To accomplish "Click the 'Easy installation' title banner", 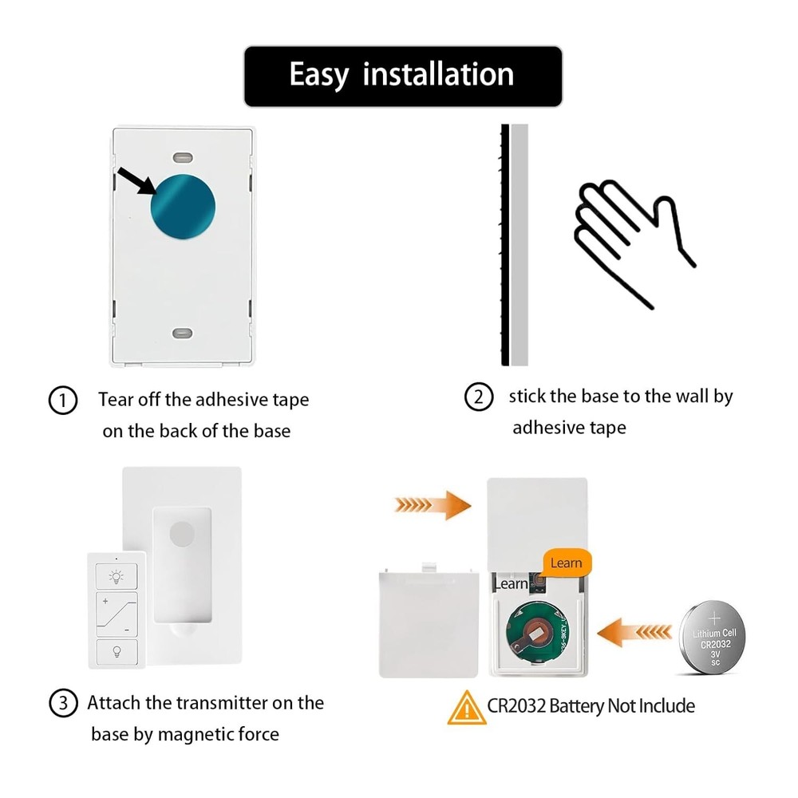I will pyautogui.click(x=402, y=76).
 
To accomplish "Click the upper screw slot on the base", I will pyautogui.click(x=184, y=155).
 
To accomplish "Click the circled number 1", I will pyautogui.click(x=63, y=400).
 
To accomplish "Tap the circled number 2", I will pyautogui.click(x=479, y=397).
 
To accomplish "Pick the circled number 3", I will pyautogui.click(x=63, y=704).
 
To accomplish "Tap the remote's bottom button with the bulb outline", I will pyautogui.click(x=117, y=651).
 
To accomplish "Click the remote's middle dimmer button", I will pyautogui.click(x=117, y=613).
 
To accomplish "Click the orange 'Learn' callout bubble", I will pyautogui.click(x=566, y=563).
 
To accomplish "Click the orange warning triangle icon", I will pyautogui.click(x=466, y=708).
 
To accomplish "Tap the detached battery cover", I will pyautogui.click(x=429, y=620).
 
